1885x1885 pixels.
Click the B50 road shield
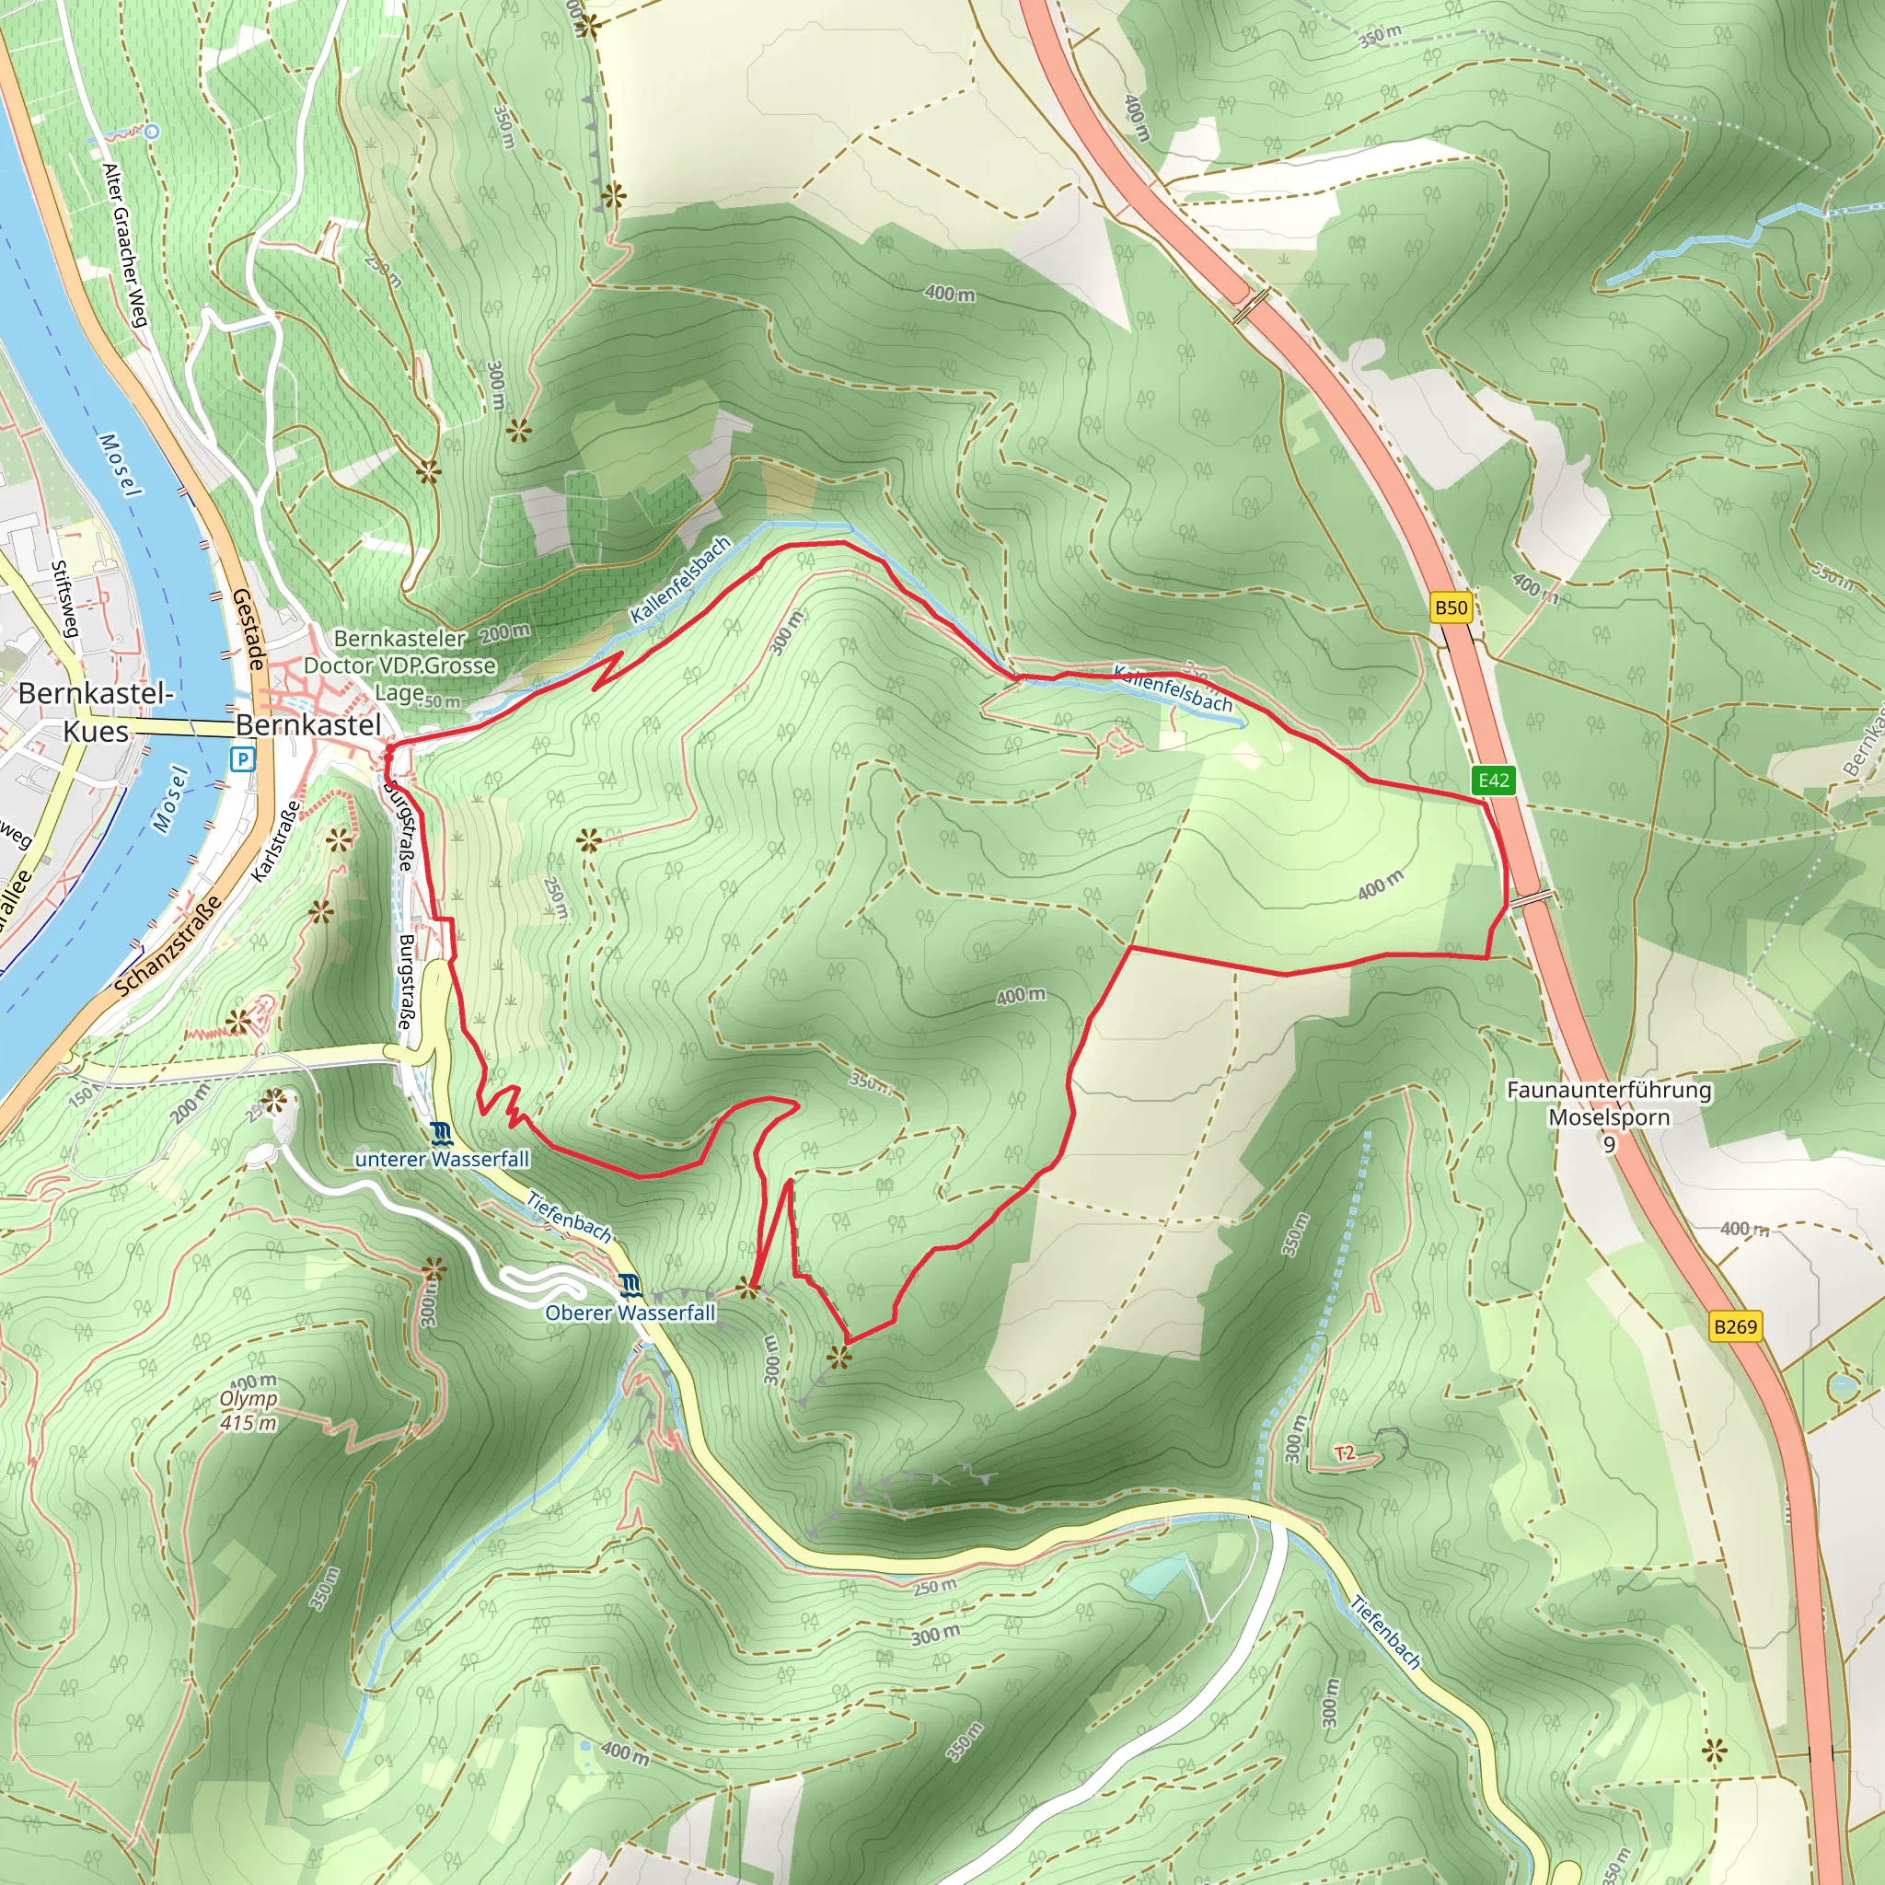tap(1451, 607)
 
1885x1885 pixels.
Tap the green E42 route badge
tap(1494, 780)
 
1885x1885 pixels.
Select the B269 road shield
tap(1736, 1326)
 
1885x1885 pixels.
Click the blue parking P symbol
tap(242, 758)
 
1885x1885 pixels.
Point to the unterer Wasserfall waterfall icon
tap(442, 1133)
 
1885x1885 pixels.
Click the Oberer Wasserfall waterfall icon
tap(631, 1285)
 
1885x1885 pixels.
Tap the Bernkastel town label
tap(308, 725)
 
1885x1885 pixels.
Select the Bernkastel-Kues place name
tap(96, 712)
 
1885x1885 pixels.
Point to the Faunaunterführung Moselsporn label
tap(1609, 1103)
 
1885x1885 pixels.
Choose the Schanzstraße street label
tap(168, 946)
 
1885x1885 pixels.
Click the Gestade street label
tap(249, 630)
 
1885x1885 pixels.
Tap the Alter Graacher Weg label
tap(125, 245)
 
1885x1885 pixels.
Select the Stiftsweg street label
tap(64, 598)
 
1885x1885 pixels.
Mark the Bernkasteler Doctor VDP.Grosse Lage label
tap(400, 665)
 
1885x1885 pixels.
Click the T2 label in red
tap(1346, 1452)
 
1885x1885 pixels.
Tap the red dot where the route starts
tap(388, 750)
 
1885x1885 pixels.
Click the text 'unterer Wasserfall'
tap(442, 1159)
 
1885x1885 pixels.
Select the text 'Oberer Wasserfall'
tap(630, 1313)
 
